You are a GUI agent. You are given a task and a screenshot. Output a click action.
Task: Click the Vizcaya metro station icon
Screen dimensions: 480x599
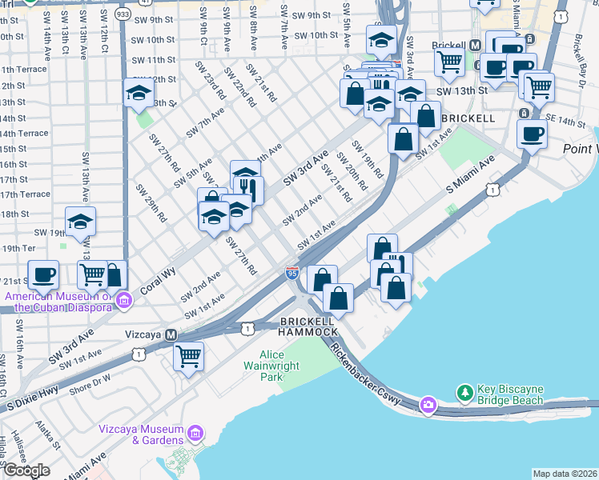click(x=171, y=334)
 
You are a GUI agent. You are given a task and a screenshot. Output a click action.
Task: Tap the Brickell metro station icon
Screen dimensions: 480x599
click(x=475, y=47)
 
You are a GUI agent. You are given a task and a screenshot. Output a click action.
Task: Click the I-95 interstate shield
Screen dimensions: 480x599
click(x=292, y=274)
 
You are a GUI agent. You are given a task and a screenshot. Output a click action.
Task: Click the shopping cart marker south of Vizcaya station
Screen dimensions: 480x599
click(x=188, y=355)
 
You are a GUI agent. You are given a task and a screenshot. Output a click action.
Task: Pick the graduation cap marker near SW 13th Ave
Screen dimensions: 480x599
click(x=80, y=221)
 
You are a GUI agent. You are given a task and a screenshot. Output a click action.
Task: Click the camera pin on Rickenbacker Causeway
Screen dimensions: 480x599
click(x=428, y=406)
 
